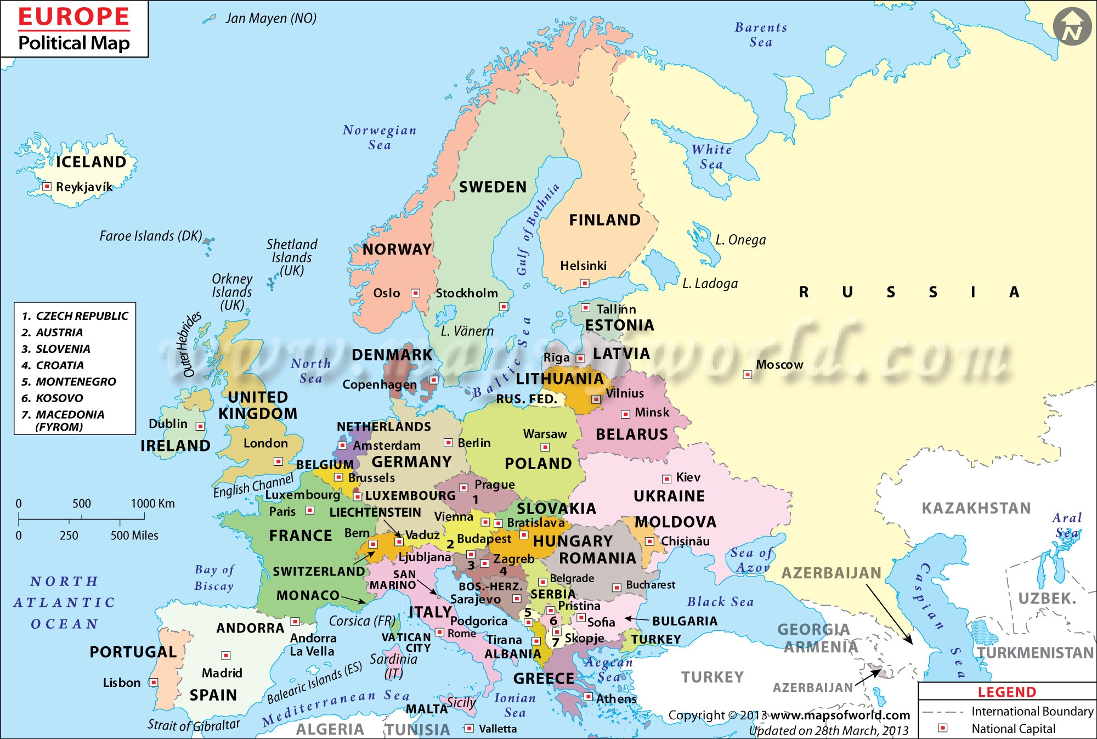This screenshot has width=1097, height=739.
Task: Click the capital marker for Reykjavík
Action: click(47, 187)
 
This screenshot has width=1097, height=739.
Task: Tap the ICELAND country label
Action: click(91, 162)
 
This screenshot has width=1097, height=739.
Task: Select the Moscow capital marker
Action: click(747, 374)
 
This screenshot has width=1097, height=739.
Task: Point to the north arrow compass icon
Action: click(1072, 27)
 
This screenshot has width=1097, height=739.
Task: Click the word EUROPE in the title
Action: click(74, 18)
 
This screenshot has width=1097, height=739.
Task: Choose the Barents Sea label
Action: click(761, 35)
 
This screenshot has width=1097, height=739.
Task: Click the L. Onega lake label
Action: click(740, 240)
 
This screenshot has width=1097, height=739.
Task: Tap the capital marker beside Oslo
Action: click(416, 293)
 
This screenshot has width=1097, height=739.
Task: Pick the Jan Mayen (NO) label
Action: click(271, 19)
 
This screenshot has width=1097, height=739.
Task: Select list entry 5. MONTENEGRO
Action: click(69, 382)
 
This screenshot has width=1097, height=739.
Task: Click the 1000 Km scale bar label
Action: click(152, 504)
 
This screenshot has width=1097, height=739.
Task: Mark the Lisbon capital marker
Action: click(154, 682)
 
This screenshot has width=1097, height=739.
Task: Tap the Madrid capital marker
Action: click(225, 656)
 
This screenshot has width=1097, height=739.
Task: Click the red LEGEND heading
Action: click(1007, 692)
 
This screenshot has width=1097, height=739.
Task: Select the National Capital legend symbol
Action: click(943, 728)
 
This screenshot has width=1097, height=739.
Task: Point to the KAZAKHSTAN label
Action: click(976, 508)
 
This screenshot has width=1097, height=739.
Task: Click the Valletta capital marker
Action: click(469, 729)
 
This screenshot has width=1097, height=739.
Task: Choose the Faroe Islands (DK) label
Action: click(151, 236)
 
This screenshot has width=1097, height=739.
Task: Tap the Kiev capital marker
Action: click(666, 478)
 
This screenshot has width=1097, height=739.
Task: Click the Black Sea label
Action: click(720, 602)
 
